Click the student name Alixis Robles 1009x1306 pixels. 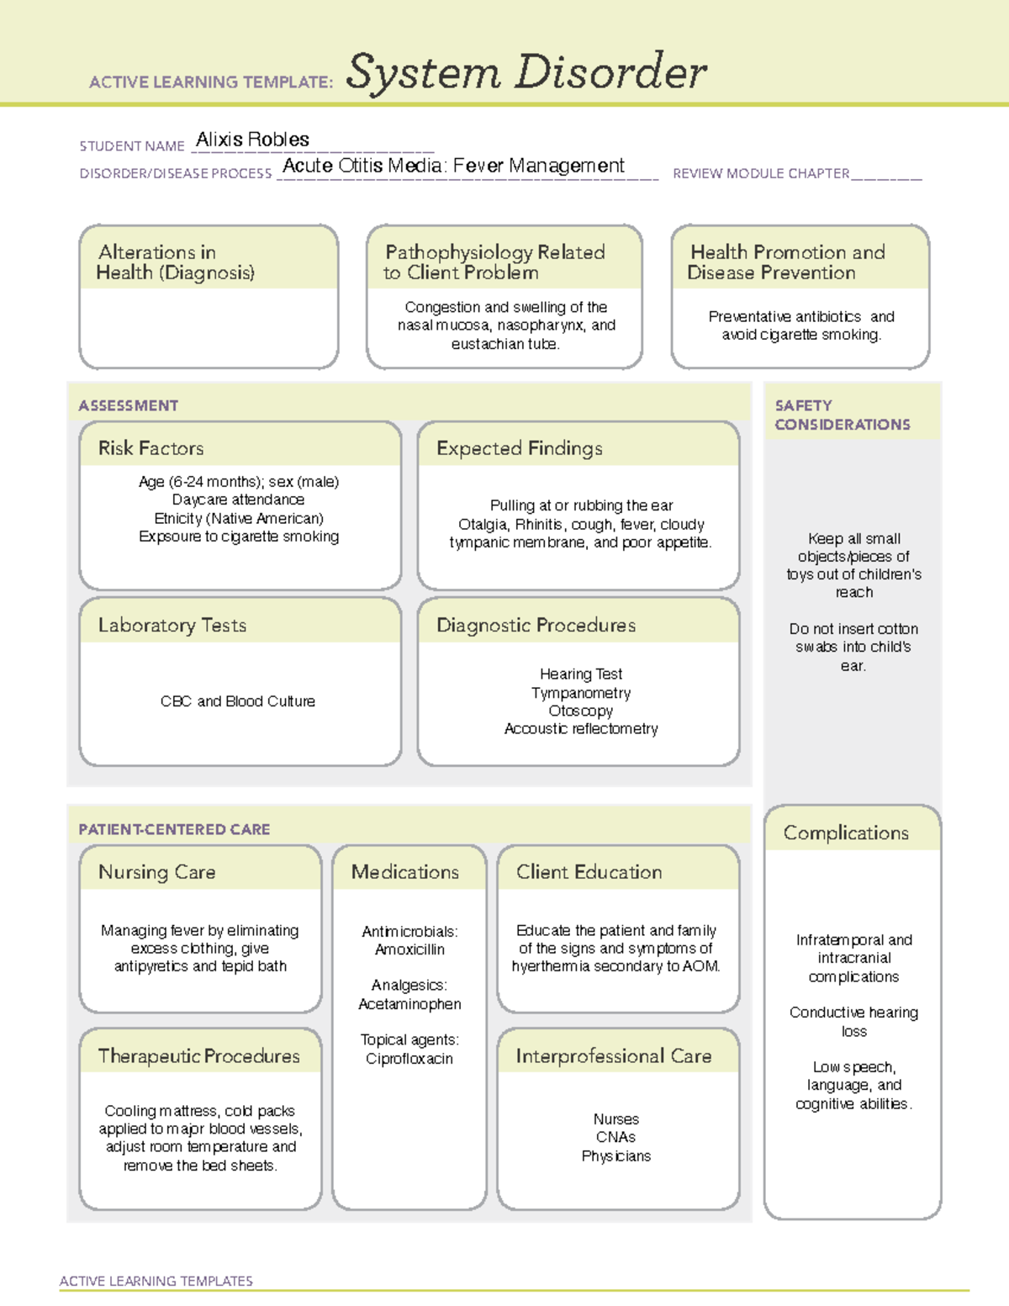252,140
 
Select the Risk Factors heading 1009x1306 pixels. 151,448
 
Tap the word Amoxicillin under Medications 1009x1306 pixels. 409,949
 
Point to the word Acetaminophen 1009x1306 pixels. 409,1004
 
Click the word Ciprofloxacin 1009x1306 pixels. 409,1059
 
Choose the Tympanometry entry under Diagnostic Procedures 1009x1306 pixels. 581,693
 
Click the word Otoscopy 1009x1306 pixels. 581,711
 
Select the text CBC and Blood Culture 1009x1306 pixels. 238,701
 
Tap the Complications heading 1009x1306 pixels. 846,833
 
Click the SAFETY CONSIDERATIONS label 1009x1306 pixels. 842,415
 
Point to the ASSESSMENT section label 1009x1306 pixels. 129,405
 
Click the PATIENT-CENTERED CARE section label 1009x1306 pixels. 174,829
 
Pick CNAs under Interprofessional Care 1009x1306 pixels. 615,1137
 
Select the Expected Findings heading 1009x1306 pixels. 520,448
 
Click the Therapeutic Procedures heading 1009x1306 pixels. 198,1056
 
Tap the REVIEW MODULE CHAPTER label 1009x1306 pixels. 761,173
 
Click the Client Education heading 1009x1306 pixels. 589,872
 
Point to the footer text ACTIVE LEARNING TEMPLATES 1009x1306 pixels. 156,1281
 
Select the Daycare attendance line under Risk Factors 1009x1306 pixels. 238,500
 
